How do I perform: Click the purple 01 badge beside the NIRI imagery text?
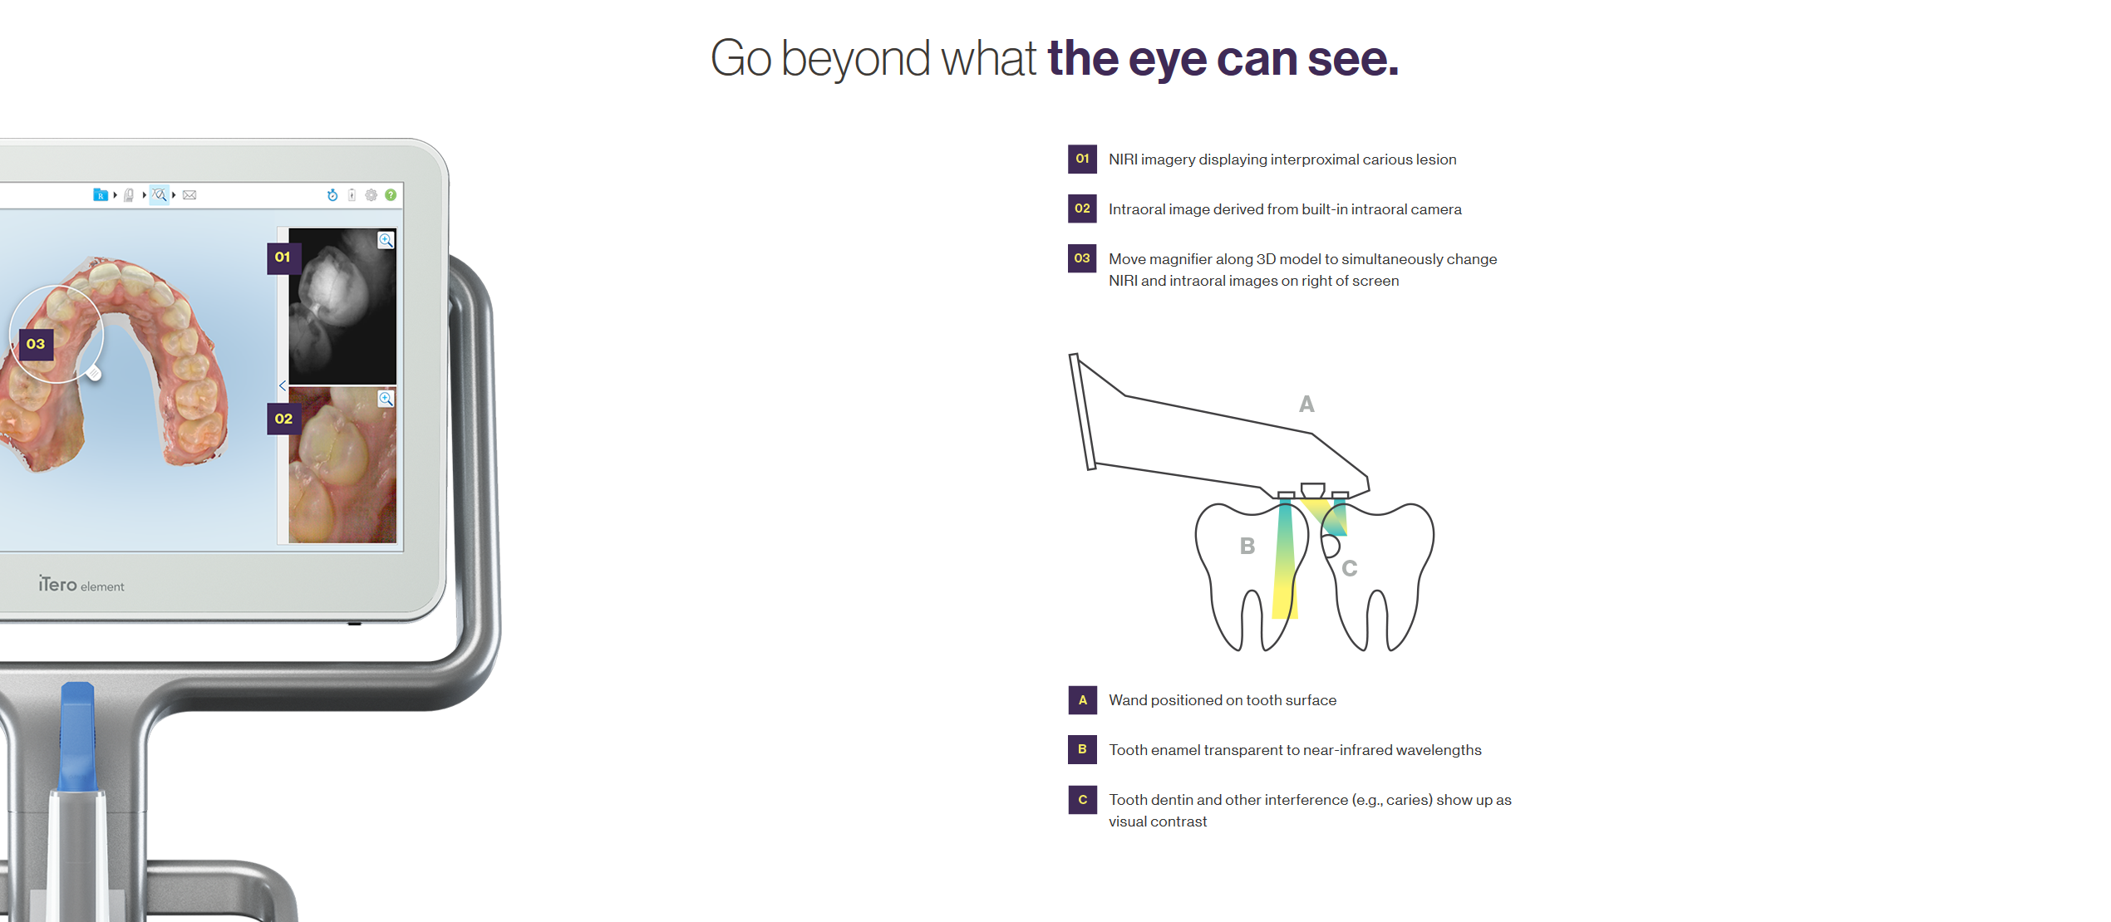click(1082, 159)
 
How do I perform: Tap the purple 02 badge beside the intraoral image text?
click(1082, 208)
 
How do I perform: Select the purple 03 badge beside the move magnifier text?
click(1082, 258)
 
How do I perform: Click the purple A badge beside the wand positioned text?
click(1082, 700)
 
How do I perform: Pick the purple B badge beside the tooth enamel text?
click(1082, 749)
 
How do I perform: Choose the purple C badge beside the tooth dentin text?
click(1082, 800)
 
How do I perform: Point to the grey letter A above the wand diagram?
click(1306, 405)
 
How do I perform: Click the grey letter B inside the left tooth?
click(1247, 546)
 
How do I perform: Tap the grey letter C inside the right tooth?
click(1350, 568)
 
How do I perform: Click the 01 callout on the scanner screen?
click(283, 257)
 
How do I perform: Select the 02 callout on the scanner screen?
click(283, 419)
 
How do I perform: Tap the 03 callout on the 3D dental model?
click(36, 344)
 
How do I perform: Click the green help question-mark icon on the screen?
click(391, 195)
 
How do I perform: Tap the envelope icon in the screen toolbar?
click(189, 195)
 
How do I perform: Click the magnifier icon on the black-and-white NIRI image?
click(386, 240)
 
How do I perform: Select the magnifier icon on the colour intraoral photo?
click(386, 399)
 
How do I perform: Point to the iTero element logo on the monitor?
click(81, 585)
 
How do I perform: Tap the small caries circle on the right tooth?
click(1330, 546)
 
